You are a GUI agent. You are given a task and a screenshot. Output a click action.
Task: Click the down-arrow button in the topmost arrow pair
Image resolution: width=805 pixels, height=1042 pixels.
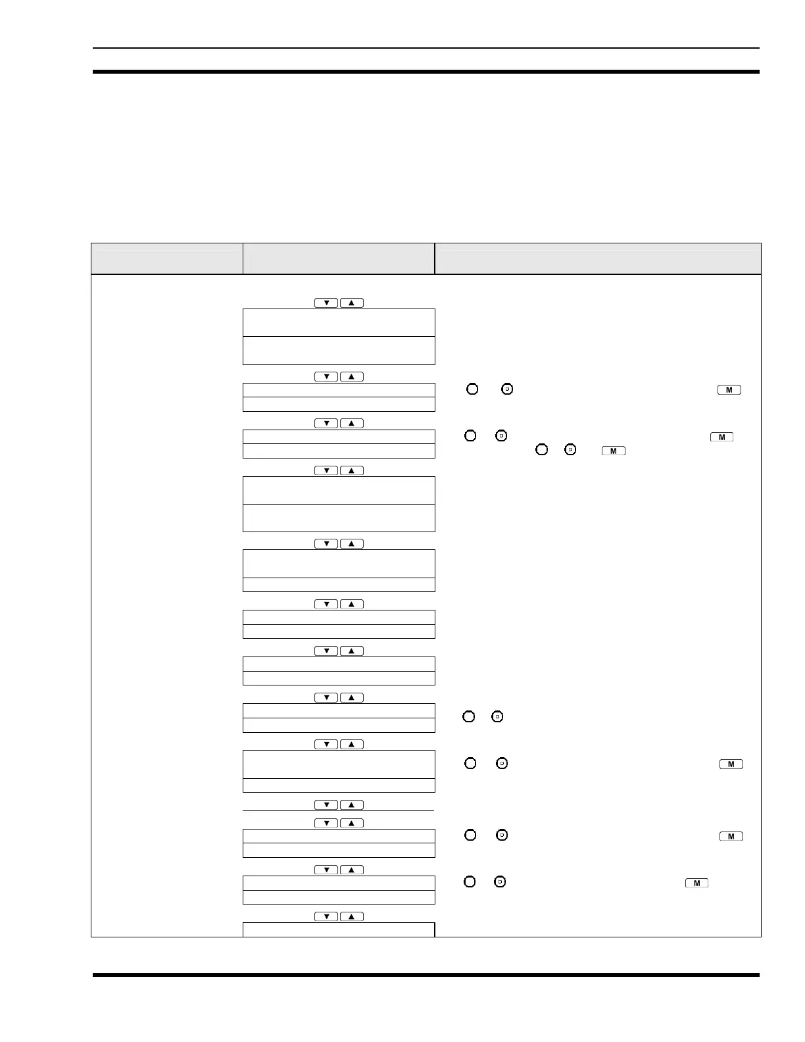(326, 303)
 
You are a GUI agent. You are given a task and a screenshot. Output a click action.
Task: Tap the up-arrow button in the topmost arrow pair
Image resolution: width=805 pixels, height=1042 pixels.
(352, 303)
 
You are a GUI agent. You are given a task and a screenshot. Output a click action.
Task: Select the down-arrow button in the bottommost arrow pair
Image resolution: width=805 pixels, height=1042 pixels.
(326, 916)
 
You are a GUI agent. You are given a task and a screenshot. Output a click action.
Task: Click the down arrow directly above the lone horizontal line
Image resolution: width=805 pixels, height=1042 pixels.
(326, 805)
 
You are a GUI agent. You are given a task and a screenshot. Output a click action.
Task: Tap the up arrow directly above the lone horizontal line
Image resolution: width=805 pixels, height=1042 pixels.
(352, 805)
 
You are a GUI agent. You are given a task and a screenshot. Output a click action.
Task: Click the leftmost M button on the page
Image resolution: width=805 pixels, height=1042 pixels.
(613, 451)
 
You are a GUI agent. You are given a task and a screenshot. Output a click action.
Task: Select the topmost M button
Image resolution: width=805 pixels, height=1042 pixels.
(729, 390)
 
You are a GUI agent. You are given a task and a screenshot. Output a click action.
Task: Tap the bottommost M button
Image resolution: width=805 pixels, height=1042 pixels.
(696, 883)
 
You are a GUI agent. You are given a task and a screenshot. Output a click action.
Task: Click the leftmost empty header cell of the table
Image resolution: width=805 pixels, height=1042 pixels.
(166, 259)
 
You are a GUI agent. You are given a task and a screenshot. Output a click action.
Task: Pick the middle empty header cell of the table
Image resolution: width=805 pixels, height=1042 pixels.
(339, 259)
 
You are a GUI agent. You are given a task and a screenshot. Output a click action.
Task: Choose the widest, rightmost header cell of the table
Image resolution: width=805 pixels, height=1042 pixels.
(598, 259)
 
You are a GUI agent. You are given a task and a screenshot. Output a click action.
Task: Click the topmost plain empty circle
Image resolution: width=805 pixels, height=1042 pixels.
(472, 389)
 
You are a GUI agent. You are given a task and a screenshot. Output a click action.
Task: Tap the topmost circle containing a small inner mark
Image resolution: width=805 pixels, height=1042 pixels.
(507, 389)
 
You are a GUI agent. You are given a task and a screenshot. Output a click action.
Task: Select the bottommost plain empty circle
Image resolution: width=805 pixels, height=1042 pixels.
(470, 881)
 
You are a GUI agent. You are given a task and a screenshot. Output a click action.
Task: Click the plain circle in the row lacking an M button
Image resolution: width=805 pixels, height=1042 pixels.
(469, 716)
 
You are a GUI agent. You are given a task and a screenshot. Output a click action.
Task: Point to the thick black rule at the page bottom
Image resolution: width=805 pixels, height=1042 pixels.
(426, 975)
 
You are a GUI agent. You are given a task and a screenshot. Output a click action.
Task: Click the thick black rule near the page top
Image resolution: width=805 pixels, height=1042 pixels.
(426, 72)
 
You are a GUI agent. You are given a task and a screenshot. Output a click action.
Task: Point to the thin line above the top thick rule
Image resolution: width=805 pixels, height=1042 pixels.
(426, 48)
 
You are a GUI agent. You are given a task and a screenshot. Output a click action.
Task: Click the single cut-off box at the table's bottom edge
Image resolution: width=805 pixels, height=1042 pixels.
(339, 929)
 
